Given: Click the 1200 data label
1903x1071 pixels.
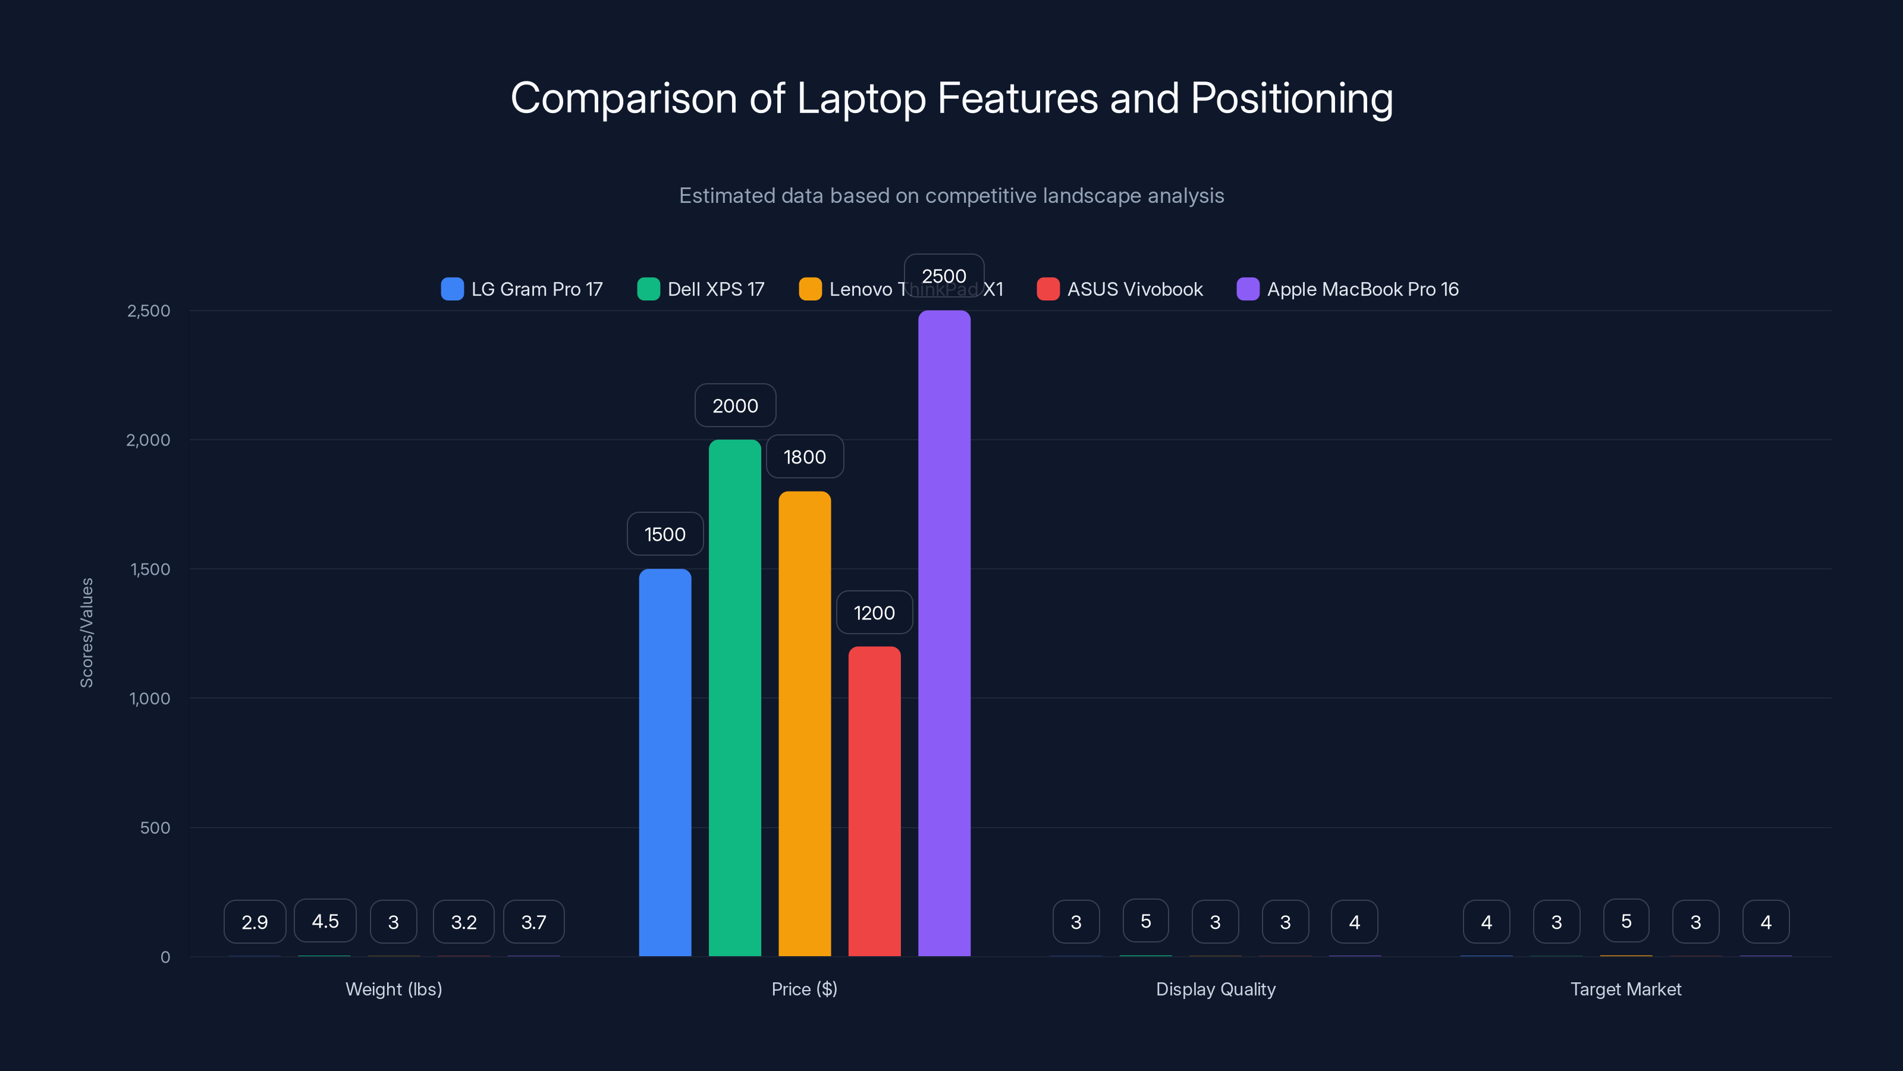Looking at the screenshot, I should pyautogui.click(x=874, y=613).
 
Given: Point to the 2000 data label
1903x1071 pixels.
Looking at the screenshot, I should pyautogui.click(x=735, y=406).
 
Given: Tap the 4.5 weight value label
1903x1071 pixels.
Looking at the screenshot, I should pyautogui.click(x=325, y=921).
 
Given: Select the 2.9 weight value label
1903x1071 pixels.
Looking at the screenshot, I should pyautogui.click(x=255, y=922).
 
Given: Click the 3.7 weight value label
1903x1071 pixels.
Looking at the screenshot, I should pyautogui.click(x=533, y=922).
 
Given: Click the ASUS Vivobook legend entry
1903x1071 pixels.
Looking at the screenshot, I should pyautogui.click(x=1120, y=289).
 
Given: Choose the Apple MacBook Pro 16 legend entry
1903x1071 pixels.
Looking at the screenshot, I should pyautogui.click(x=1348, y=289).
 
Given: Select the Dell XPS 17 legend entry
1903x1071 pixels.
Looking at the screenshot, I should pyautogui.click(x=701, y=289).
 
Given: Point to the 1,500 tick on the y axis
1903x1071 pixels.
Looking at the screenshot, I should pyautogui.click(x=150, y=569).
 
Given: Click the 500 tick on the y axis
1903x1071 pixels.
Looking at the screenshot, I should pyautogui.click(x=155, y=828).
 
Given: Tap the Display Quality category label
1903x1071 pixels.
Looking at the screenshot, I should pyautogui.click(x=1215, y=989).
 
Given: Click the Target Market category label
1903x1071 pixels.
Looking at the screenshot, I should pyautogui.click(x=1625, y=989).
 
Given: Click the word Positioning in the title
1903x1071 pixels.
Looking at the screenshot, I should pyautogui.click(x=1291, y=98).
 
